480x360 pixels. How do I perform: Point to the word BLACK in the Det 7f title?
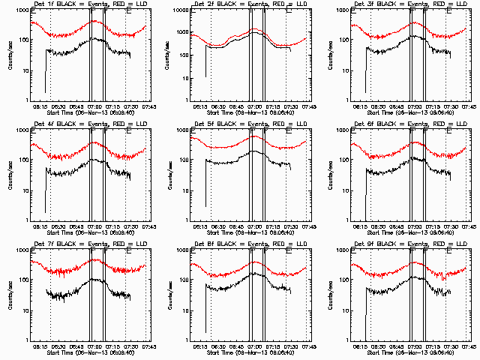tap(71, 244)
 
